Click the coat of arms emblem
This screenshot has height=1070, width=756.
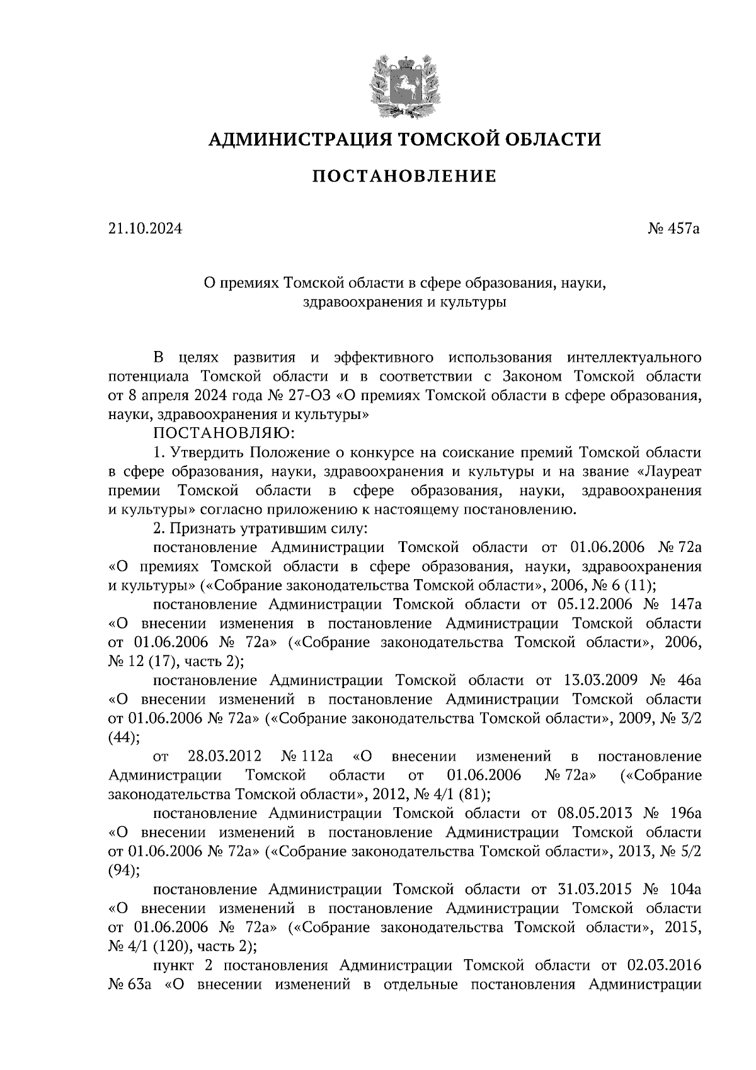[404, 86]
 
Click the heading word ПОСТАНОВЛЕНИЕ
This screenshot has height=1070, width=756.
[404, 177]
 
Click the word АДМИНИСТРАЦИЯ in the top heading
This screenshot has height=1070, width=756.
[294, 138]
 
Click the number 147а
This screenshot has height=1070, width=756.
[685, 604]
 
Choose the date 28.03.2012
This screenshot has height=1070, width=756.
[224, 756]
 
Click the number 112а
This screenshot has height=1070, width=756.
[315, 756]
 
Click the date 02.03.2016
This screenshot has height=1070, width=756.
[664, 965]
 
